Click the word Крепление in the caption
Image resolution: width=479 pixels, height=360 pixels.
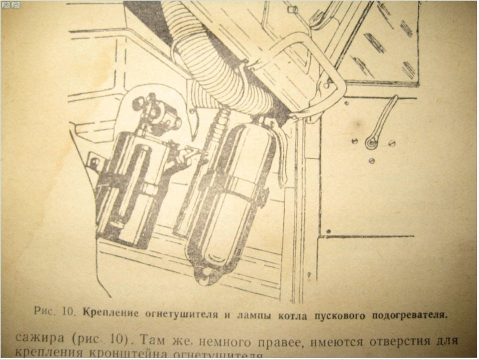pyautogui.click(x=104, y=314)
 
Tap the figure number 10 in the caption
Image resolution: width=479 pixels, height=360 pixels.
pyautogui.click(x=68, y=313)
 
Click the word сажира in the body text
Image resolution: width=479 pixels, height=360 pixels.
pyautogui.click(x=40, y=338)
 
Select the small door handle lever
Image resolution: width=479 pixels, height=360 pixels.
pyautogui.click(x=382, y=122)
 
